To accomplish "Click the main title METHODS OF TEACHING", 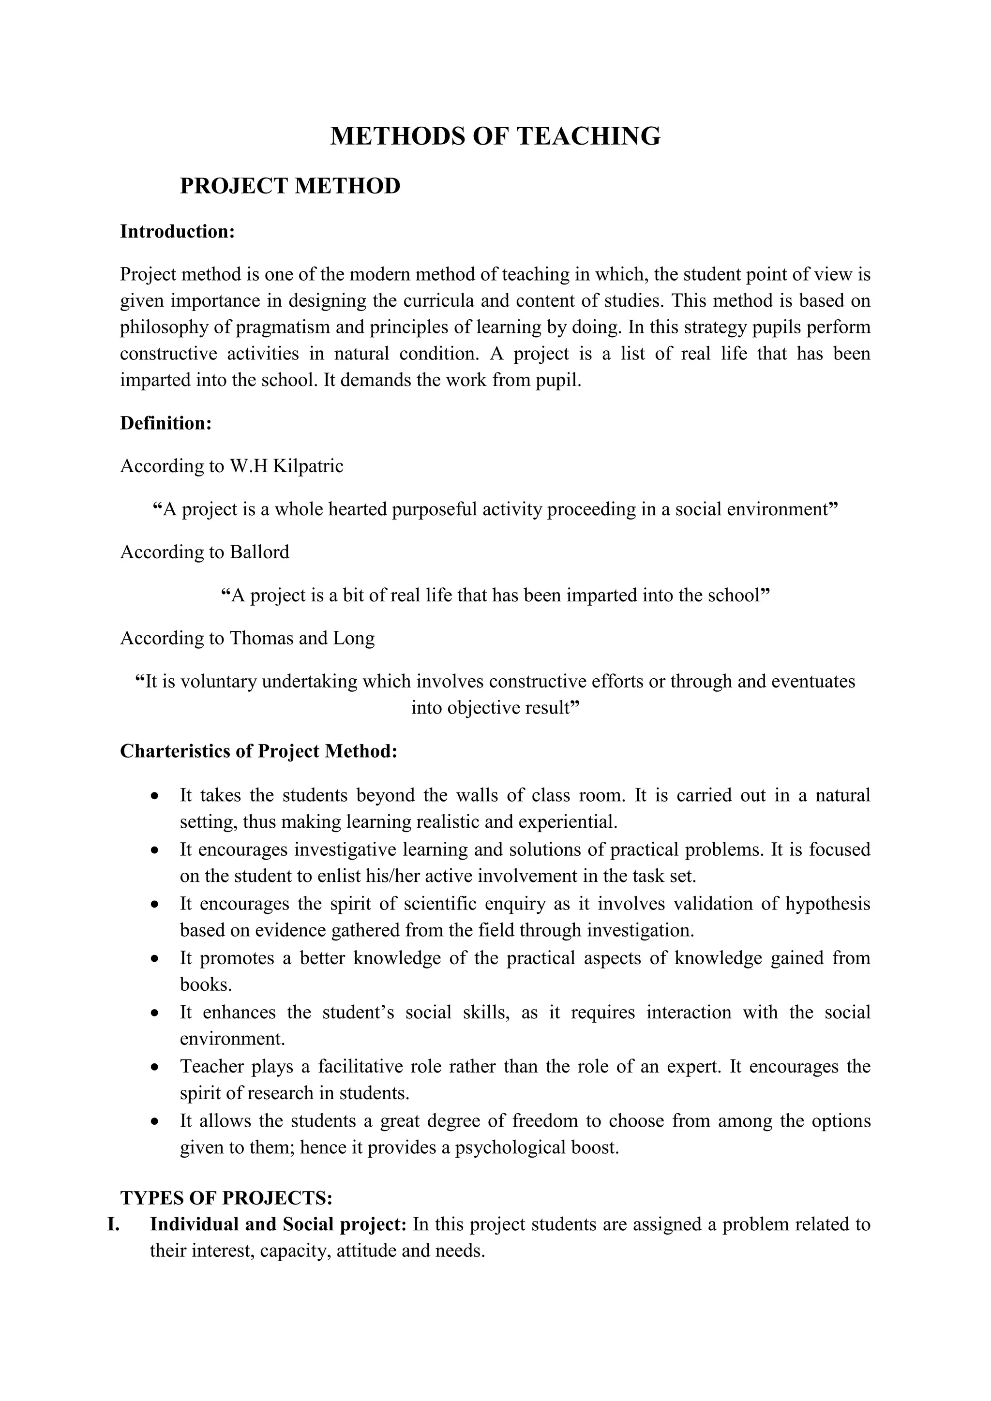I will [495, 136].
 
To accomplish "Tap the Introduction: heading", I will [178, 232].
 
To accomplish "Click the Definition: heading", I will [166, 423].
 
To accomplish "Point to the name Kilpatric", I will [308, 466].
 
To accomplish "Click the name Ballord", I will [259, 552].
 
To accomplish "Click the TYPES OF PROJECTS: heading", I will [226, 1198].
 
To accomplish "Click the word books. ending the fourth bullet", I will [206, 985].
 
